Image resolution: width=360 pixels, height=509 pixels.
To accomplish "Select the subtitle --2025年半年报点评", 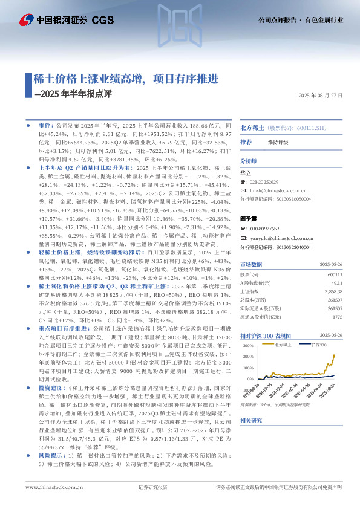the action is (74, 94).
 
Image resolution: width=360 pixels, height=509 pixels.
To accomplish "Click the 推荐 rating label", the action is (246, 142).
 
